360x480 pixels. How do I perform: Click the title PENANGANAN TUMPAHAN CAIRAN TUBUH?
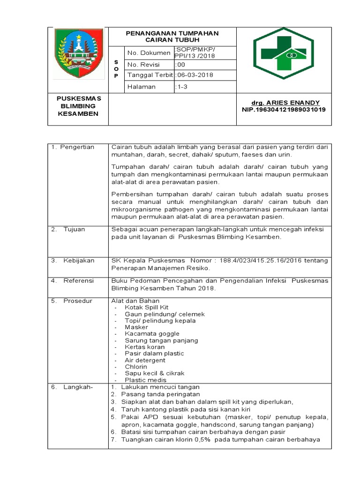(x=172, y=37)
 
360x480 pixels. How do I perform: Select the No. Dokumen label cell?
(x=149, y=53)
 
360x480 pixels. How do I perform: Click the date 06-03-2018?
(x=194, y=75)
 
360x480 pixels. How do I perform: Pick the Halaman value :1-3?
(x=181, y=87)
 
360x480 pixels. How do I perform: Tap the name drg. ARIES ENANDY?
(x=280, y=103)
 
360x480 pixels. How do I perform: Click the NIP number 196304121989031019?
(x=284, y=110)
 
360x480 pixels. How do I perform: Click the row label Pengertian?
(x=75, y=147)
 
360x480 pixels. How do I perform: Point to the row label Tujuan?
(x=75, y=230)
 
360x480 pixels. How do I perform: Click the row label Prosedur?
(x=77, y=301)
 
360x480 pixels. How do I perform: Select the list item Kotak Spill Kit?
(x=145, y=307)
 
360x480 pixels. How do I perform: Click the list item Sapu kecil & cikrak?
(x=155, y=373)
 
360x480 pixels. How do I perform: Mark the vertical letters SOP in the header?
(x=117, y=69)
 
